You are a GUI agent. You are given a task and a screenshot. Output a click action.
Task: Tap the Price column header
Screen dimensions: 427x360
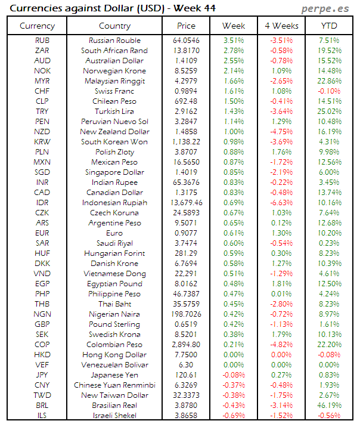coord(187,26)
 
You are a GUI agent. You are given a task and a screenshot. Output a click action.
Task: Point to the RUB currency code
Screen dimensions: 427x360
coord(42,41)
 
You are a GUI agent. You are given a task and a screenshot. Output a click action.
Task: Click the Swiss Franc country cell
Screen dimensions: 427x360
coord(115,91)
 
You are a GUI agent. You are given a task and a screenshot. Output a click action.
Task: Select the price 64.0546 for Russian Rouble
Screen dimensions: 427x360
coord(187,41)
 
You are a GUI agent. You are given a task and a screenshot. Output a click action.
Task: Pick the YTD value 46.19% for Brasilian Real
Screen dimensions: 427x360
coord(330,405)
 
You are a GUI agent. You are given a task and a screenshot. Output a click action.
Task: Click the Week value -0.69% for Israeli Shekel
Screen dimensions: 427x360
coord(234,415)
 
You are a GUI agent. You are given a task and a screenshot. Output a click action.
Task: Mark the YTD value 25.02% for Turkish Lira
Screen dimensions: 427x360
coord(330,112)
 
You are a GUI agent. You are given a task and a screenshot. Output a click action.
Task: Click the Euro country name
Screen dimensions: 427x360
coord(115,233)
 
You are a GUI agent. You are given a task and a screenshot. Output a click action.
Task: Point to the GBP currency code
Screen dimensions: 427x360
coord(42,324)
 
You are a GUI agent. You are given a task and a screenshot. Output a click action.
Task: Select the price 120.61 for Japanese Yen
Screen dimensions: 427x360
coord(187,375)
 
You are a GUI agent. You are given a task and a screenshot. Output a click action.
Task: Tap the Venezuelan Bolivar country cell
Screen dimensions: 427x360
coord(115,364)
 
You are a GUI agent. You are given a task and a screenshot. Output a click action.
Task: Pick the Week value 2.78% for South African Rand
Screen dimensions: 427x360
coord(234,51)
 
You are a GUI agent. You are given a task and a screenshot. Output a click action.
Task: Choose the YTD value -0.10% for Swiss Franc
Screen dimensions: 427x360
coord(330,91)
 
